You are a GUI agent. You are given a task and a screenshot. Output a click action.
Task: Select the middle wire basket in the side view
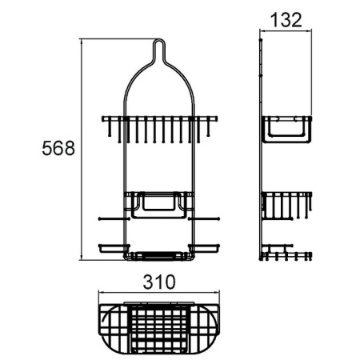point(286,207)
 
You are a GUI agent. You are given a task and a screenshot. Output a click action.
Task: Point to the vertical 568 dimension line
point(83,150)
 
